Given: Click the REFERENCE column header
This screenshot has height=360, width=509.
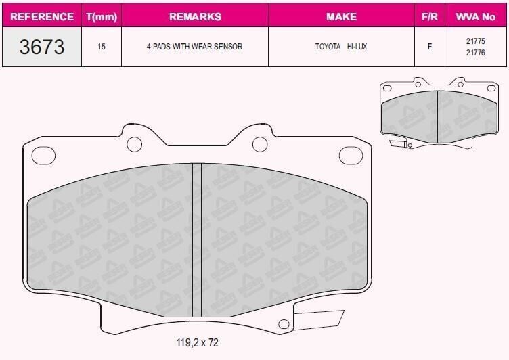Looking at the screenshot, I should pyautogui.click(x=42, y=16).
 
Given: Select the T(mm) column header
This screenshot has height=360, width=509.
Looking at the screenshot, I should pyautogui.click(x=101, y=16).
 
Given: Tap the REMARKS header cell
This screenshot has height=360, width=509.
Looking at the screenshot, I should pyautogui.click(x=194, y=16).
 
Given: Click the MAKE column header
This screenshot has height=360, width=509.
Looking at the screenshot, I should pyautogui.click(x=341, y=16).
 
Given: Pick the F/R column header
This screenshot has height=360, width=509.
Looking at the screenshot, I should pyautogui.click(x=429, y=16).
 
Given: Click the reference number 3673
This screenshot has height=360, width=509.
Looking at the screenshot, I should pyautogui.click(x=42, y=47).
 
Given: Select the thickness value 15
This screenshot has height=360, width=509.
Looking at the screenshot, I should pyautogui.click(x=101, y=47).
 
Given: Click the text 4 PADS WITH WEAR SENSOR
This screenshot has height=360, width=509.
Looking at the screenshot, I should pyautogui.click(x=194, y=47).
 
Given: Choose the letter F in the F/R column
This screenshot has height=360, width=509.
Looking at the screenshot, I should pyautogui.click(x=429, y=47).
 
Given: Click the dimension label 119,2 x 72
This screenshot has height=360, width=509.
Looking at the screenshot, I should pyautogui.click(x=192, y=343).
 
